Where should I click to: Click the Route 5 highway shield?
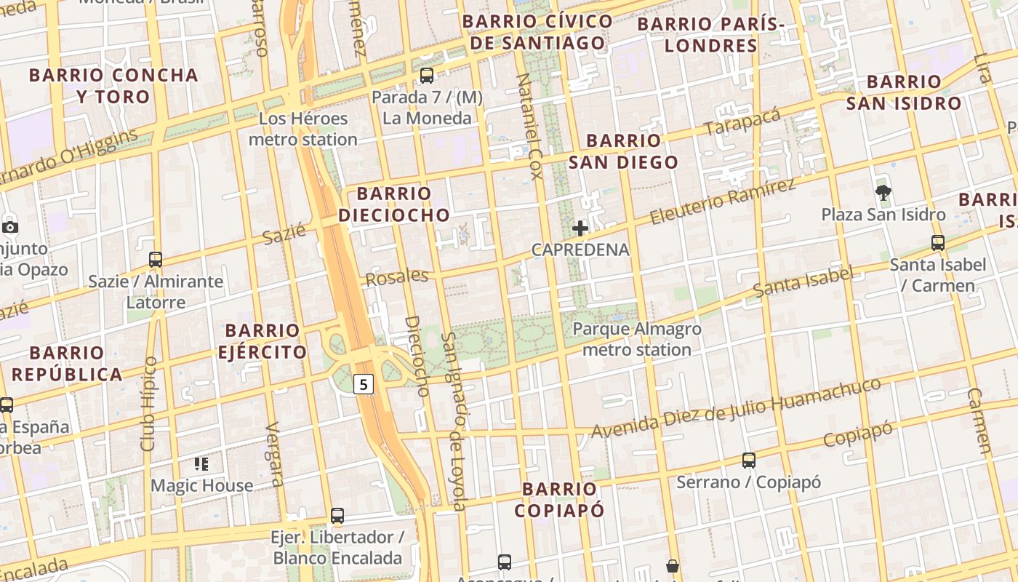(x=364, y=383)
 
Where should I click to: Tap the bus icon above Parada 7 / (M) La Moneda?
(x=427, y=75)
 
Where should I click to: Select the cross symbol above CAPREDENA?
(x=580, y=228)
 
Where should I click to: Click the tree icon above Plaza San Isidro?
(x=883, y=193)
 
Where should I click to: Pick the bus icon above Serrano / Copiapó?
(x=749, y=461)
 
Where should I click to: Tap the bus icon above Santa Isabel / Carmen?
(x=938, y=243)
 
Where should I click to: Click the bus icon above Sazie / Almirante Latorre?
(x=155, y=259)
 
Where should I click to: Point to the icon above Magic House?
(x=201, y=463)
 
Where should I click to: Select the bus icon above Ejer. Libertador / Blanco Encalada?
(x=337, y=516)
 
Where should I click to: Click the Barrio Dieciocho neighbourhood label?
(x=394, y=204)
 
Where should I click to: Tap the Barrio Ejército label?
(x=262, y=341)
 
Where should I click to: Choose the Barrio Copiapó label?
(x=559, y=499)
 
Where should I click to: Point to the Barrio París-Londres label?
(x=711, y=35)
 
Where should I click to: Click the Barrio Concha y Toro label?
(x=113, y=85)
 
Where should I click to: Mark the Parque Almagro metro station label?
(x=637, y=339)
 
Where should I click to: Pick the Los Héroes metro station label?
(x=303, y=129)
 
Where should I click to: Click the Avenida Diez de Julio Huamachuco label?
(x=736, y=408)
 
